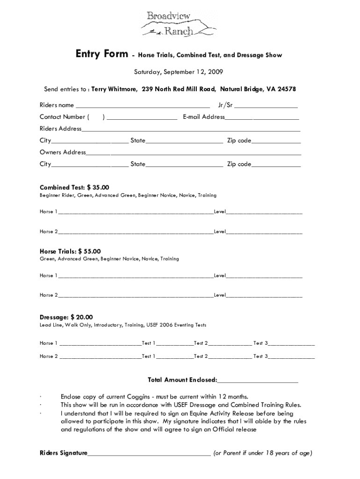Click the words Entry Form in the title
coord(101,55)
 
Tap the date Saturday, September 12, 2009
coord(178,72)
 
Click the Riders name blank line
coord(143,106)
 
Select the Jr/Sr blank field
coord(266,106)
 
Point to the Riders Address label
coord(60,129)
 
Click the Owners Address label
coord(63,152)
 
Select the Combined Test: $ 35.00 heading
coord(74,187)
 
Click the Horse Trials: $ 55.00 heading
coord(70,251)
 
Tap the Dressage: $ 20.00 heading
coord(66,317)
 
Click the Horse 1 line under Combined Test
coord(136,212)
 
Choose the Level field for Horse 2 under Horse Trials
coord(264,296)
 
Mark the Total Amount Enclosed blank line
coord(258,380)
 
